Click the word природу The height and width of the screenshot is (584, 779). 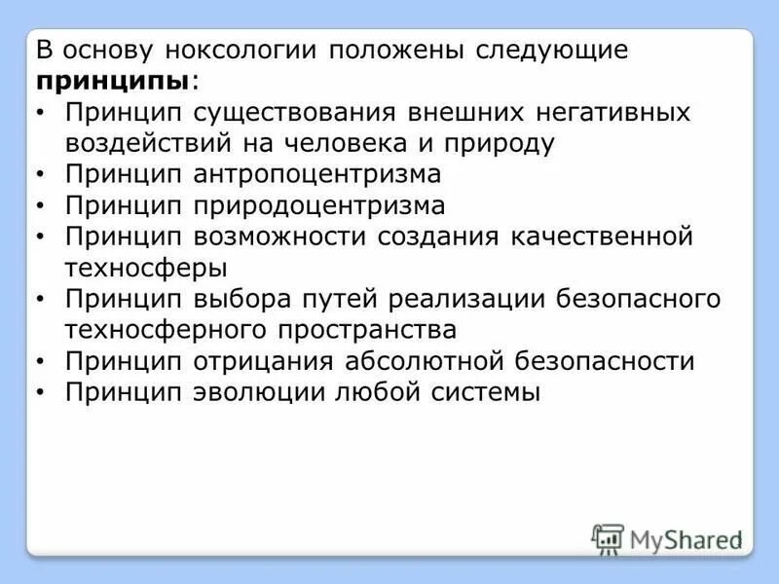click(x=501, y=143)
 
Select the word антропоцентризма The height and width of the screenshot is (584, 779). click(x=316, y=174)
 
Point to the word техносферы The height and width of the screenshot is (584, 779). click(x=147, y=267)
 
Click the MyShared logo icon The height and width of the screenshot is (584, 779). click(x=608, y=538)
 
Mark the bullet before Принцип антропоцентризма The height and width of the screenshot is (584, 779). click(x=39, y=176)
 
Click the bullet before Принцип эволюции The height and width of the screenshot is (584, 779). click(x=39, y=394)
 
